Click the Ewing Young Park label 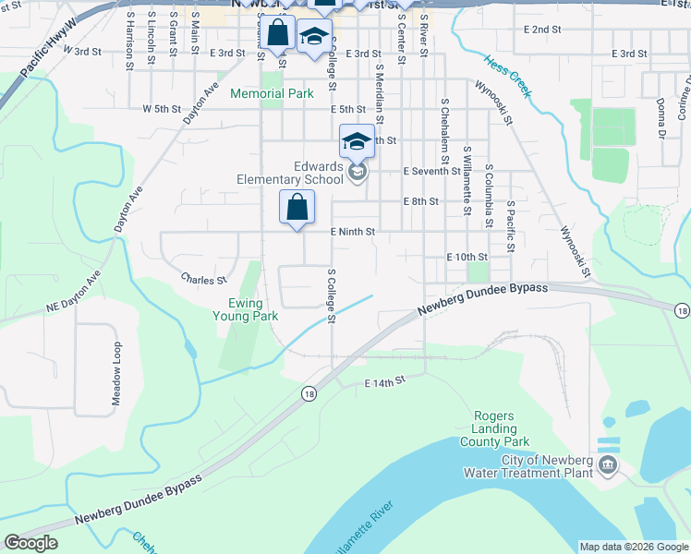pos(253,309)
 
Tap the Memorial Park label pos(272,93)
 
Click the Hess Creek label pos(507,76)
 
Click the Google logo pos(30,543)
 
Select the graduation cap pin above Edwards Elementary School pos(358,142)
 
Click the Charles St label pos(203,279)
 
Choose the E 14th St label pos(385,381)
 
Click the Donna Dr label pos(661,118)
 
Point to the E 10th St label pos(467,256)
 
